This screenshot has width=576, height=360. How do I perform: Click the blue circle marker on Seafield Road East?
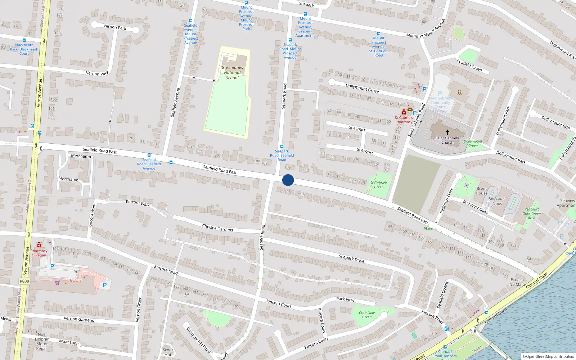tap(288, 180)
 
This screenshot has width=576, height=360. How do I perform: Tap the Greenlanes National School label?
tap(232, 72)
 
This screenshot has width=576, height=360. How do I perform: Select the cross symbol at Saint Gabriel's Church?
tap(447, 132)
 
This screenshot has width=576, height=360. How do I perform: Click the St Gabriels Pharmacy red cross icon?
tap(404, 112)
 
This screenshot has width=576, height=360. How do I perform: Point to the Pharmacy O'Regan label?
tap(39, 253)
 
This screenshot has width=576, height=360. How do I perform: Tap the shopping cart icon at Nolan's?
tap(57, 282)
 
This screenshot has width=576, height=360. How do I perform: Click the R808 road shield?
tap(24, 281)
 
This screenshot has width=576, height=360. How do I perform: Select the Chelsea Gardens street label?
tap(217, 228)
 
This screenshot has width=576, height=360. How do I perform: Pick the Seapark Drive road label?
tap(351, 258)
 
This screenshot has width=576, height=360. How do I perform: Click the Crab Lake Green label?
tap(366, 315)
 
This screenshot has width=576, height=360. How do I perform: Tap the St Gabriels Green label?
tap(379, 185)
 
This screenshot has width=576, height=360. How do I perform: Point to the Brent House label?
tap(481, 191)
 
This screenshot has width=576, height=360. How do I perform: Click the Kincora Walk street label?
tap(138, 203)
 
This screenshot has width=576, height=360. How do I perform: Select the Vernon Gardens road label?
tap(79, 319)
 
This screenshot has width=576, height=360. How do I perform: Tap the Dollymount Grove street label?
tap(362, 88)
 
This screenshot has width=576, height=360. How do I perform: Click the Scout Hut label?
tap(168, 352)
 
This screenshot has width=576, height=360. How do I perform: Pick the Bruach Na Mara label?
tap(517, 282)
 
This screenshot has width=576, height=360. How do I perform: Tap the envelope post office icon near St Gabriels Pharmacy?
tap(410, 109)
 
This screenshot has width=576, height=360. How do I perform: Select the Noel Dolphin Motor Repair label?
tap(42, 341)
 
